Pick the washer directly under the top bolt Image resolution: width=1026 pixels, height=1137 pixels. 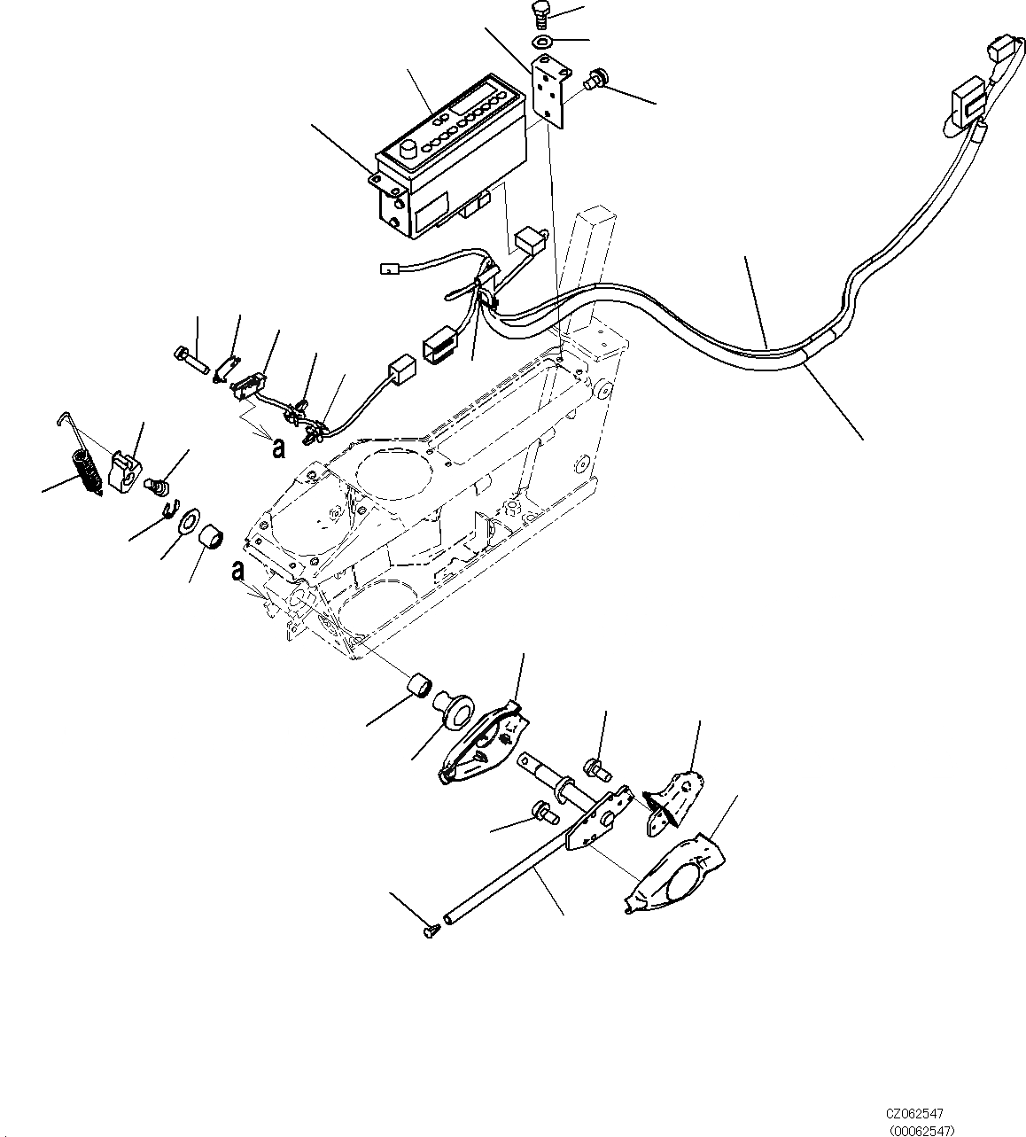tap(542, 42)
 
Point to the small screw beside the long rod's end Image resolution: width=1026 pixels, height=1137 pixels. tap(431, 931)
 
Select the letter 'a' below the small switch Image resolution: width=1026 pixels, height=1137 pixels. tap(278, 448)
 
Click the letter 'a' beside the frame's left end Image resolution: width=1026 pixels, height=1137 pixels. tap(237, 571)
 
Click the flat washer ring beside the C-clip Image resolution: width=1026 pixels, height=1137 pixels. tap(189, 522)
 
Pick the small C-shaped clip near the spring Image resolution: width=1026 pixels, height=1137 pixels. tap(168, 509)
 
